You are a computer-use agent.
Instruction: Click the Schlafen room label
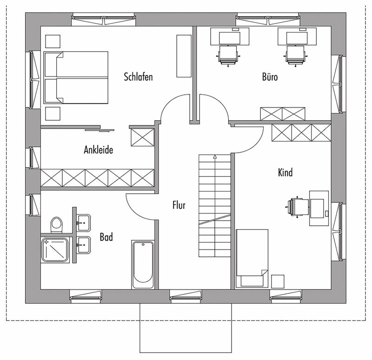pos(138,77)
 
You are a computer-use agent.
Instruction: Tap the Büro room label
pos(270,76)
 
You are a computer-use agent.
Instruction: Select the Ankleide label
pos(99,150)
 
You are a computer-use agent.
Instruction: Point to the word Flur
pos(179,205)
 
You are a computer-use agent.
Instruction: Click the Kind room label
pos(285,172)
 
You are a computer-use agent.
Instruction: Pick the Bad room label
pos(106,237)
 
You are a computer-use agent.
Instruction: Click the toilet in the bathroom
pos(56,224)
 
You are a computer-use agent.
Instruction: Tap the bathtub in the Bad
pos(143,264)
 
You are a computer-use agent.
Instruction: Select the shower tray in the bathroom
pos(55,250)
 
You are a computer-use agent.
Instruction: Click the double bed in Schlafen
pos(76,78)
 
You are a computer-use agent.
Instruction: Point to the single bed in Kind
pos(252,258)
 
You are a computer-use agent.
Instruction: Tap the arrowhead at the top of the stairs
pos(215,157)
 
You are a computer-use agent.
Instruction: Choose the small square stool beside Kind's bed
pos(278,281)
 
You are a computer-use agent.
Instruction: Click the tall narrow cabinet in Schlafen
pos(184,56)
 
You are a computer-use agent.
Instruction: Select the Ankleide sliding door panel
pos(100,130)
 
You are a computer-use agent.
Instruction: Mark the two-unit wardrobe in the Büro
pos(282,114)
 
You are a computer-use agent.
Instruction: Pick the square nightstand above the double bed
pos(53,41)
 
